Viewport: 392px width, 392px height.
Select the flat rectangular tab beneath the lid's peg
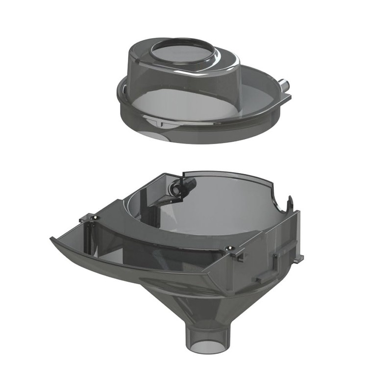(x=286, y=97)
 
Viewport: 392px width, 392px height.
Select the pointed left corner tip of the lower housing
(x=52, y=239)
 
